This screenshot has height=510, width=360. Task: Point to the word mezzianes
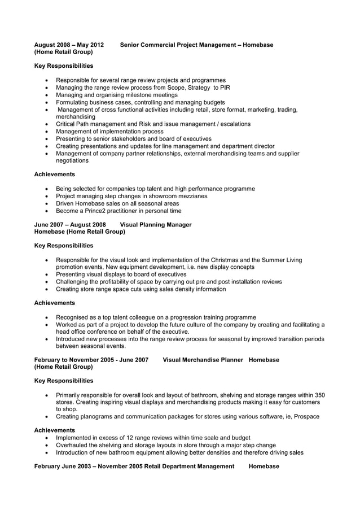pos(191,196)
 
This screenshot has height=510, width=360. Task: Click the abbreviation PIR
pos(225,88)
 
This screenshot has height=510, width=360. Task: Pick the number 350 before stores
pos(319,395)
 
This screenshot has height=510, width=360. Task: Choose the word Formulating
pos(74,102)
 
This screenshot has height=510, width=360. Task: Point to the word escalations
pos(230,124)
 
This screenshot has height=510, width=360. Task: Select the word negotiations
pos(72,160)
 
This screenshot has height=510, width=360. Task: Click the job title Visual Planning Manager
pos(156,224)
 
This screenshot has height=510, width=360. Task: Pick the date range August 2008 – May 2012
pos(69,45)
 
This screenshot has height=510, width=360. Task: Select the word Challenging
pos(76,281)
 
